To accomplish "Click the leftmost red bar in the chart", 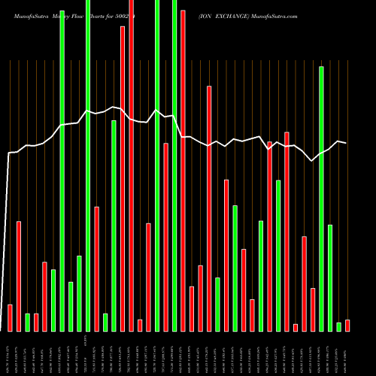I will point(10,317).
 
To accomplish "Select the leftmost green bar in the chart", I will point(27,322).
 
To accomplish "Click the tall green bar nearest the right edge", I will point(321,199).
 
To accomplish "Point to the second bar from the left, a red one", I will point(19,276).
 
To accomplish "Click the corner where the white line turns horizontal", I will point(9,153).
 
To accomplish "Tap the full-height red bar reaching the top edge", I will point(131,165).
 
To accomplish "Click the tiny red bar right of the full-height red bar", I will point(140,325).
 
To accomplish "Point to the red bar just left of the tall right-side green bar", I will point(313,309).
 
